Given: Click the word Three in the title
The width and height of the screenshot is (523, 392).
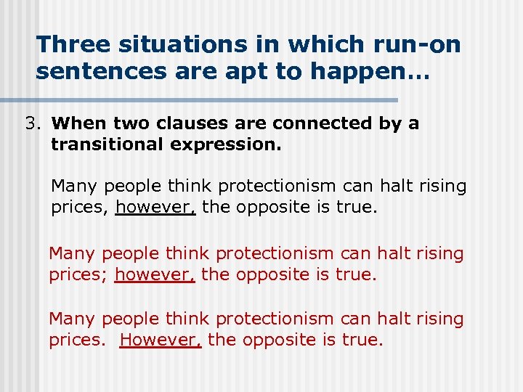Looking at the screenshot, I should tap(71, 44).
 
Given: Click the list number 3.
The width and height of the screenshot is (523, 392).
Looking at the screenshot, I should tap(31, 123).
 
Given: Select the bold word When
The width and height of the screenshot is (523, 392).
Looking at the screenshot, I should tap(76, 123).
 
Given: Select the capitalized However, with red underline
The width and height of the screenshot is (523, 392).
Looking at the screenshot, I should tap(161, 340).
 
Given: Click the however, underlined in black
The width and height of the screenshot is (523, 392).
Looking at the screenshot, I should tap(155, 208).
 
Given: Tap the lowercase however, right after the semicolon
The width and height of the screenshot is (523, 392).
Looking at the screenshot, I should tap(155, 275).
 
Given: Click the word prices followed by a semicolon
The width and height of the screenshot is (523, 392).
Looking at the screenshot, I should tap(78, 275).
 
